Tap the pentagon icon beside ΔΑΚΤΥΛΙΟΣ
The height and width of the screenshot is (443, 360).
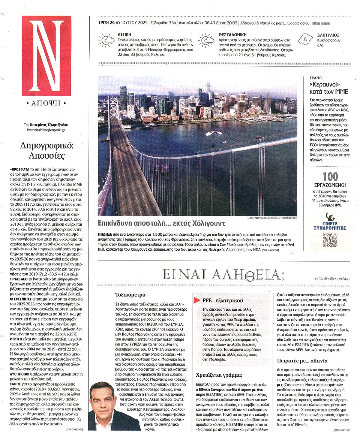[x=305, y=39]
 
